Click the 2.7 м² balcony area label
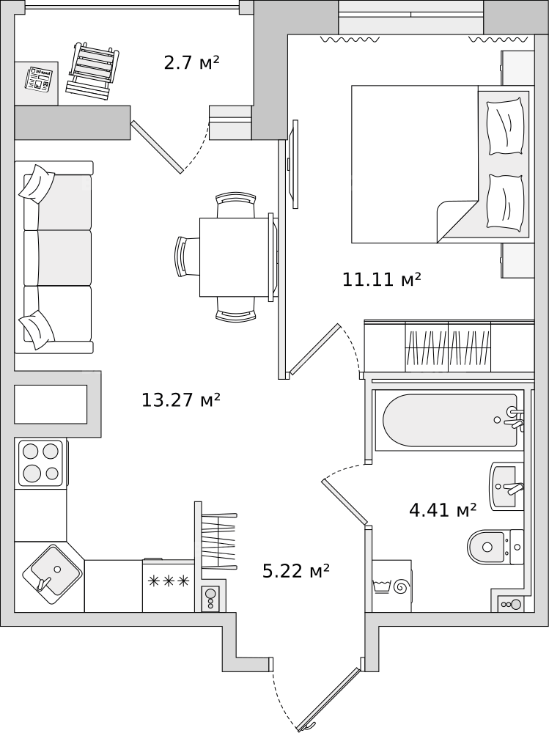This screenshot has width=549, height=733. pyautogui.click(x=192, y=62)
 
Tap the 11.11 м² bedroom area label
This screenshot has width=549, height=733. pyautogui.click(x=382, y=279)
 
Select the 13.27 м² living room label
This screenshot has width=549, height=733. pyautogui.click(x=181, y=399)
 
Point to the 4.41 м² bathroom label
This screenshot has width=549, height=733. pyautogui.click(x=443, y=510)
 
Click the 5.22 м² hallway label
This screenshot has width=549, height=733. pyautogui.click(x=296, y=571)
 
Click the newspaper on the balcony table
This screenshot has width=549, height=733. pyautogui.click(x=39, y=78)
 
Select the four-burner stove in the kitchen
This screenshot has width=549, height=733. pyautogui.click(x=40, y=463)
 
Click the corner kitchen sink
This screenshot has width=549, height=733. pyautogui.click(x=51, y=571)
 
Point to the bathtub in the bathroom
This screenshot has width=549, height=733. pyautogui.click(x=449, y=421)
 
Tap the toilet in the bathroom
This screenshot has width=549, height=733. pyautogui.click(x=495, y=547)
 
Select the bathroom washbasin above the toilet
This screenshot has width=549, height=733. pyautogui.click(x=506, y=487)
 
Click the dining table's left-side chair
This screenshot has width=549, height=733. pyautogui.click(x=187, y=257)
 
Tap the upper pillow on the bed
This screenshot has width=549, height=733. pyautogui.click(x=504, y=126)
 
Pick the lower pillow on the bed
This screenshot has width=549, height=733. pyautogui.click(x=504, y=202)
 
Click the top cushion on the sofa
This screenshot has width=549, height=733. pyautogui.click(x=37, y=183)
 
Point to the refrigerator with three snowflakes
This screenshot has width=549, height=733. pyautogui.click(x=169, y=585)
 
